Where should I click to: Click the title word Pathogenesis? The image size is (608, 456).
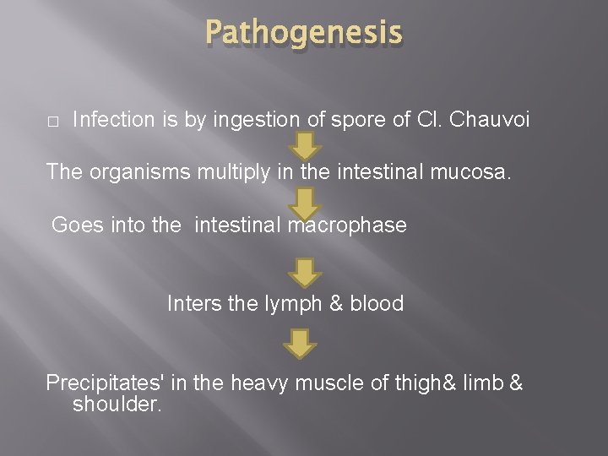(303, 34)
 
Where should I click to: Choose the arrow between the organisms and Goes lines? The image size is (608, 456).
(305, 203)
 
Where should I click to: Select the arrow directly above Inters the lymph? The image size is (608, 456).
(305, 272)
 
